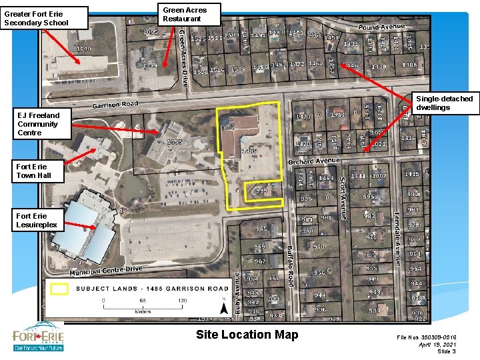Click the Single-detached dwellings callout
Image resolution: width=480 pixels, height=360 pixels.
click(444, 103)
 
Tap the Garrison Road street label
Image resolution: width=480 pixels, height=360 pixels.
click(115, 105)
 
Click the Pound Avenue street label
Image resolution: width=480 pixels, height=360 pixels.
click(381, 27)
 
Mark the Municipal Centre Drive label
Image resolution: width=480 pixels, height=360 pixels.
click(107, 270)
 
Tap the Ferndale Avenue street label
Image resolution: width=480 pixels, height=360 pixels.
click(397, 238)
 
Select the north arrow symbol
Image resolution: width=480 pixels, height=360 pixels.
click(223, 307)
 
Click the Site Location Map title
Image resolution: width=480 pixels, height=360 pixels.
click(247, 335)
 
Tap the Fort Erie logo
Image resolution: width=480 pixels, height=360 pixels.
click(38, 337)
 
